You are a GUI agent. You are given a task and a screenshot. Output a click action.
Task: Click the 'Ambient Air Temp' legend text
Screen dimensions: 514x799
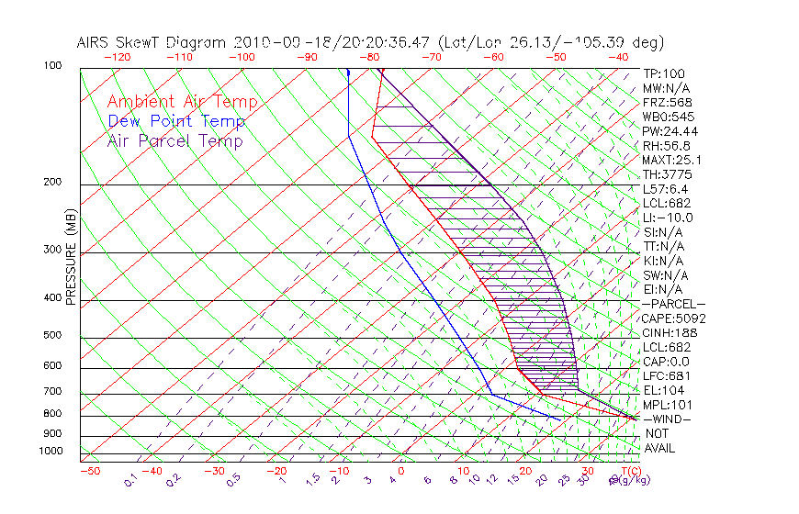(x=182, y=103)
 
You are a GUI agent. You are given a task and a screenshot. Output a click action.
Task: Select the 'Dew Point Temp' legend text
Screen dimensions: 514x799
(x=176, y=122)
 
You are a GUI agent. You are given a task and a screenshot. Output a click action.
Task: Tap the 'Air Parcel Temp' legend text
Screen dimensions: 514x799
(x=174, y=141)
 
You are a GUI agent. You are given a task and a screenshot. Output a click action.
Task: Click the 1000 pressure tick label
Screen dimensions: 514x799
(x=51, y=452)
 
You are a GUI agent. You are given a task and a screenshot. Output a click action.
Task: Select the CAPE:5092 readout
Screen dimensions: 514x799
(x=673, y=318)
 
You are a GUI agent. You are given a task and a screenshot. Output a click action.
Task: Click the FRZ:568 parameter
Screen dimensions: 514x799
(x=667, y=102)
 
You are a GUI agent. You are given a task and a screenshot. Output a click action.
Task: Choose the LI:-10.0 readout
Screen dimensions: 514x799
(x=668, y=218)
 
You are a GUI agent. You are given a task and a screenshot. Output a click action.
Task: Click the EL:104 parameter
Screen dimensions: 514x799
(x=664, y=390)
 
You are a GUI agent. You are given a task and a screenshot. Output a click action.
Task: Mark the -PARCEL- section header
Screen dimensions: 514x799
(x=673, y=304)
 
